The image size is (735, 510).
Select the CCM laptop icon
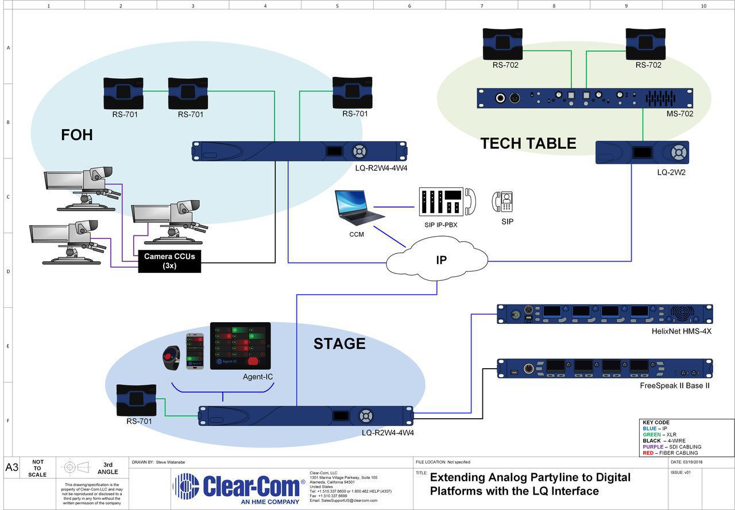(x=359, y=207)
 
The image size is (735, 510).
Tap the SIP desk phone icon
(x=502, y=202)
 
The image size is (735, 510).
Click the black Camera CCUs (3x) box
(x=169, y=261)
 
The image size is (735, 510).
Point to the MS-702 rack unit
(x=585, y=98)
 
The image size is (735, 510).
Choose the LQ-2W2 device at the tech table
(x=642, y=153)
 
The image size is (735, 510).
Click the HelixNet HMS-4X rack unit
(x=604, y=314)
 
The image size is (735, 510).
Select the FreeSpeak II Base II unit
(x=604, y=369)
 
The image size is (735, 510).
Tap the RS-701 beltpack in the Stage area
(x=137, y=400)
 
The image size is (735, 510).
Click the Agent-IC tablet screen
(x=240, y=346)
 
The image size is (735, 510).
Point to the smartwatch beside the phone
(x=171, y=357)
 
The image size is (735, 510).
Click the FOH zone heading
(x=77, y=136)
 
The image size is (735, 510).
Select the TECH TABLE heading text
(x=528, y=144)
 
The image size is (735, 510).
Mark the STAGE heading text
(x=339, y=344)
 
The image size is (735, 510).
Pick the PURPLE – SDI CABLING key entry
(x=672, y=447)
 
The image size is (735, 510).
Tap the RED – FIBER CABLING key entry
(x=670, y=453)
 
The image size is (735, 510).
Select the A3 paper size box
(x=12, y=467)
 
